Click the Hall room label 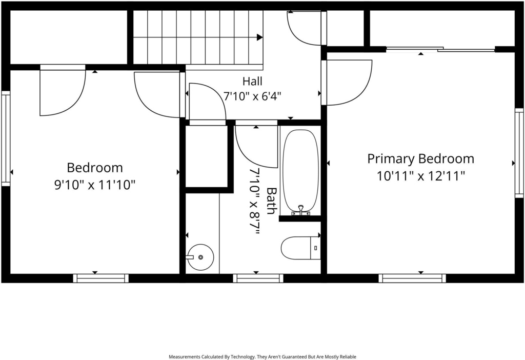click(x=252, y=81)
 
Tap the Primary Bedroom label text click(x=421, y=159)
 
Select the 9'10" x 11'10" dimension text click(x=95, y=185)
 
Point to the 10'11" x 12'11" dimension click(x=421, y=175)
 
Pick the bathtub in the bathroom click(x=300, y=171)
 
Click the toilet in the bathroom click(x=300, y=248)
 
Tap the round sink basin click(x=200, y=257)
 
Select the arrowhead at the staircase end click(x=259, y=37)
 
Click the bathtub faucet click(x=300, y=210)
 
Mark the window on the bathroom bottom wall click(x=258, y=278)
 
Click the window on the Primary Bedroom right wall click(x=519, y=153)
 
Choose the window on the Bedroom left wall click(x=6, y=138)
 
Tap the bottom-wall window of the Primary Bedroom click(x=412, y=278)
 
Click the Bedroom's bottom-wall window click(x=101, y=278)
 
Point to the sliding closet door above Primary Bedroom click(x=440, y=50)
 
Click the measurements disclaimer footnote click(x=262, y=357)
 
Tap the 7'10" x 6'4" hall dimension click(x=252, y=96)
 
